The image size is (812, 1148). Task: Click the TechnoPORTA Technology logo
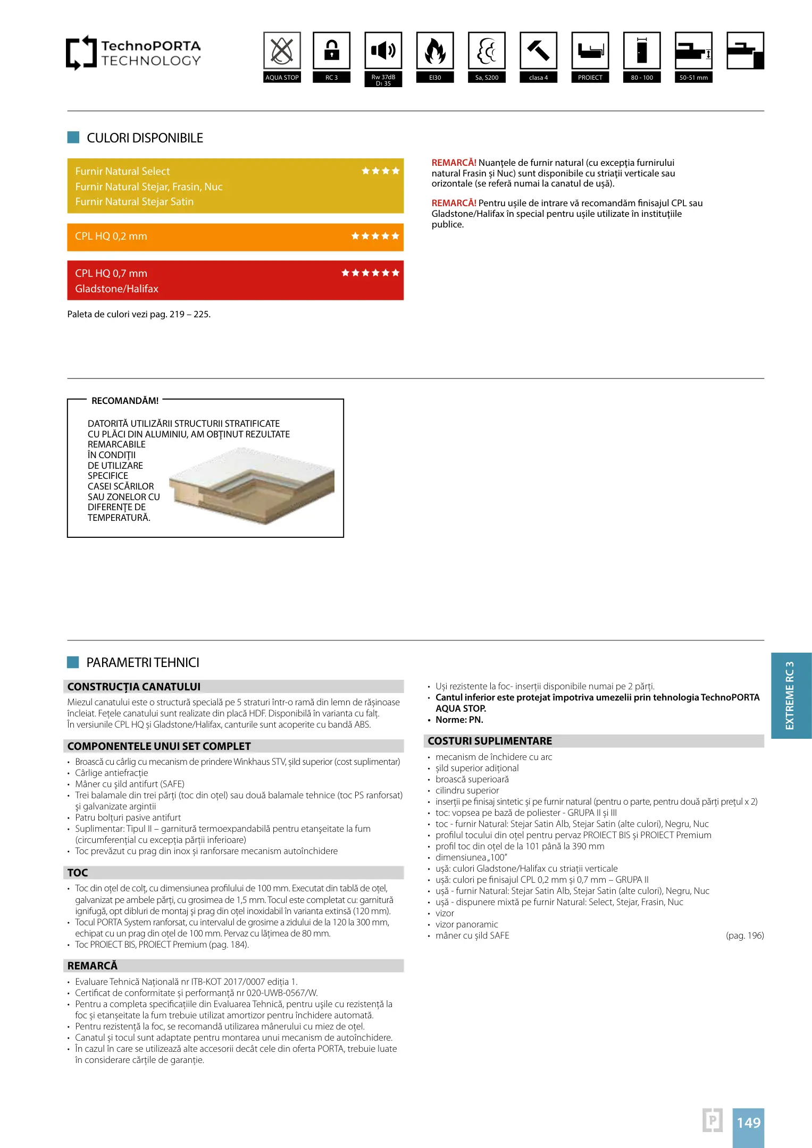(133, 53)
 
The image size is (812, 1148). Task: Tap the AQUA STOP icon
(282, 50)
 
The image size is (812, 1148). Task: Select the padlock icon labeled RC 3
(331, 50)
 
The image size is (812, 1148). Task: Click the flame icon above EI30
(435, 50)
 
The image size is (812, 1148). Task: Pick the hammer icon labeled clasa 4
(538, 50)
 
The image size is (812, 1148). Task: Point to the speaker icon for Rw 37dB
(383, 50)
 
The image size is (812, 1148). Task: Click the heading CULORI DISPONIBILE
(145, 138)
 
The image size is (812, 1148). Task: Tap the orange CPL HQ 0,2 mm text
(111, 237)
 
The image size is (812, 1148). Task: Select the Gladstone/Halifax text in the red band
(117, 289)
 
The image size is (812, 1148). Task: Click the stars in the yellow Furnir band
(380, 171)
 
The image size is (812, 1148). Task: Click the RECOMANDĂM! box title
(125, 401)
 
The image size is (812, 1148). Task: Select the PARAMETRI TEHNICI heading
(143, 663)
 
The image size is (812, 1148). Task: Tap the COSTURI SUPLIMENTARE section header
(490, 741)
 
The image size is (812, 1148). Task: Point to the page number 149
(748, 1123)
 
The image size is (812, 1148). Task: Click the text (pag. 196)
(744, 935)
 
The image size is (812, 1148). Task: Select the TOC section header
(78, 873)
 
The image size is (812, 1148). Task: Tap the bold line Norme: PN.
(459, 720)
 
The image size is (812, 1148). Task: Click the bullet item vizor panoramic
(466, 924)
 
